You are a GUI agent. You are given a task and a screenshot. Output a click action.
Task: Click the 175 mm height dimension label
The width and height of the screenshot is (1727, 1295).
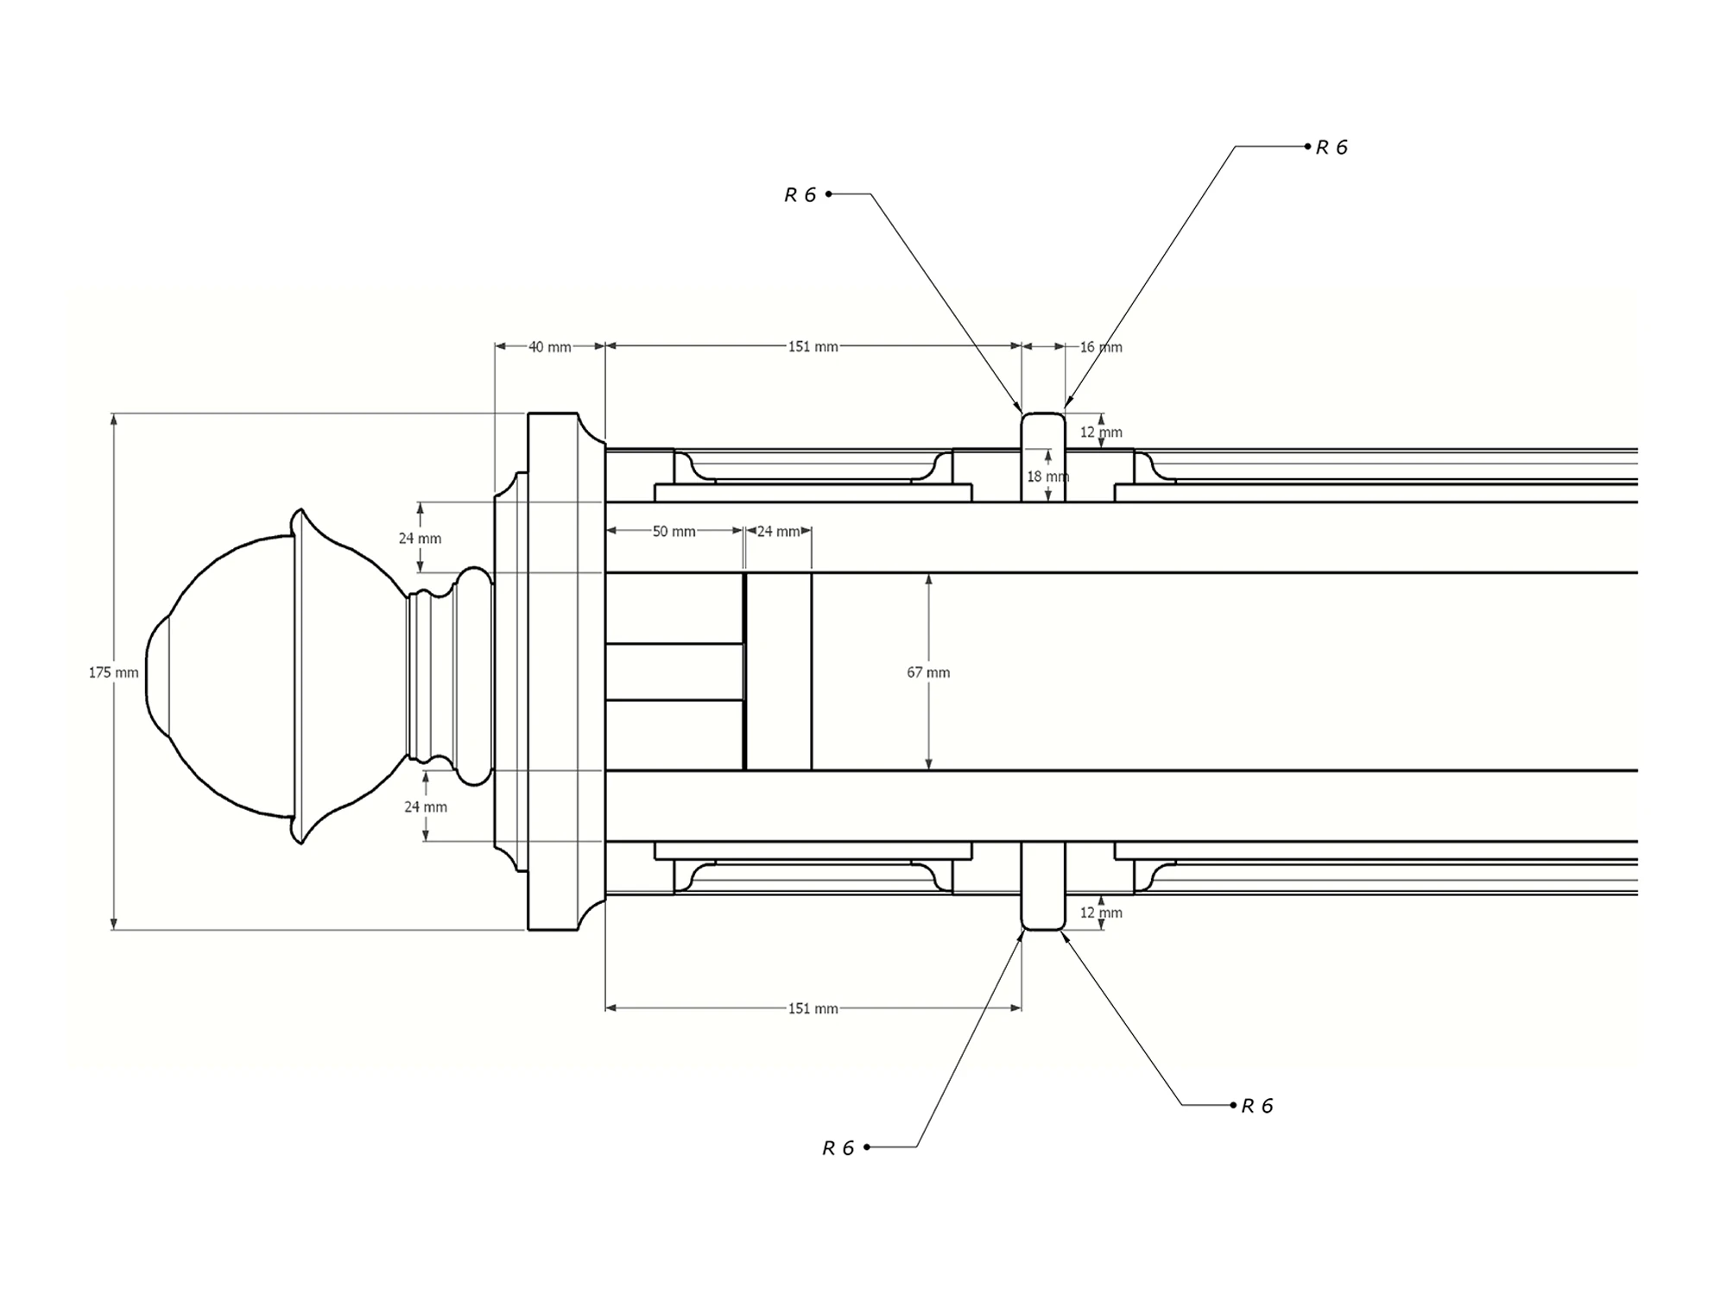113,673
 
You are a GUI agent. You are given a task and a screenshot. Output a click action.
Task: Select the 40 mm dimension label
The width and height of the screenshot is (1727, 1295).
550,347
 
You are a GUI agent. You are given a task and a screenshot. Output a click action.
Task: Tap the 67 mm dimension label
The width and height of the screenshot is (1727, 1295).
928,673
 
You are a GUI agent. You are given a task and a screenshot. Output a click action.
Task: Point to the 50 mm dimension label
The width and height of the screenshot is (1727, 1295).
674,532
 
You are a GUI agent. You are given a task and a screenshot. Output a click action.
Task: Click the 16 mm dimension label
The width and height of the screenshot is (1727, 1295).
1101,347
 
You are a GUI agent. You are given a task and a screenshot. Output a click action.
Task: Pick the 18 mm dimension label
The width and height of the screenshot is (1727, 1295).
1047,477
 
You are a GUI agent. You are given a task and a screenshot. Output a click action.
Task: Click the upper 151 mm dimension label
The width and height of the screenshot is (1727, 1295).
813,347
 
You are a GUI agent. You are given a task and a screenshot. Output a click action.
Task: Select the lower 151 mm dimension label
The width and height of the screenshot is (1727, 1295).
813,1008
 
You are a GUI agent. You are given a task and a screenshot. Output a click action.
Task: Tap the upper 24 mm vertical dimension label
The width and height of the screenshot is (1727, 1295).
420,539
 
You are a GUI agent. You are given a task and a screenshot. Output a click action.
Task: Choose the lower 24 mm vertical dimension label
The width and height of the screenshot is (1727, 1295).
426,807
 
